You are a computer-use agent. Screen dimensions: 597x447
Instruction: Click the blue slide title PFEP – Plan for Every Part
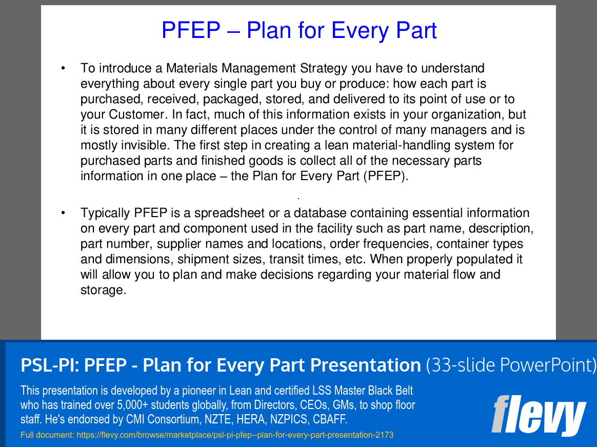tap(299, 30)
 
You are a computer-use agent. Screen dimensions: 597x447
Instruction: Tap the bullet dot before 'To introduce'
tap(63, 68)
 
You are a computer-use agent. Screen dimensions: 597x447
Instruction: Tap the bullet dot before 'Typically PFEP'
tap(63, 212)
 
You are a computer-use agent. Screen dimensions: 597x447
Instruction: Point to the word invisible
tap(146, 145)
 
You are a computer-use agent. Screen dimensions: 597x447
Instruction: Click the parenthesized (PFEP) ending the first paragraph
tap(385, 176)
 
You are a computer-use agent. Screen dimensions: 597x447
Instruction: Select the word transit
tap(283, 259)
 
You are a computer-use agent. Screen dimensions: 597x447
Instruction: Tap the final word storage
tap(103, 290)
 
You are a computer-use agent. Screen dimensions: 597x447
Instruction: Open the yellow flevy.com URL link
tap(235, 435)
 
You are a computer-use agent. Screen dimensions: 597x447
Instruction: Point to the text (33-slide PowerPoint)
tap(511, 365)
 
